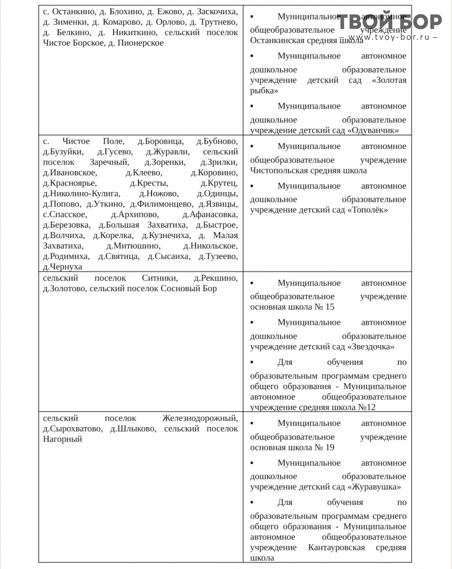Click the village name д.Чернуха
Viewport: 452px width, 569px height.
62,267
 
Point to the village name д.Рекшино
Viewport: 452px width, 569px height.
216,278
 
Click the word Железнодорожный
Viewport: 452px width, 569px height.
200,419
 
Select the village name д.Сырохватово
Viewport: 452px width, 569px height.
72,429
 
